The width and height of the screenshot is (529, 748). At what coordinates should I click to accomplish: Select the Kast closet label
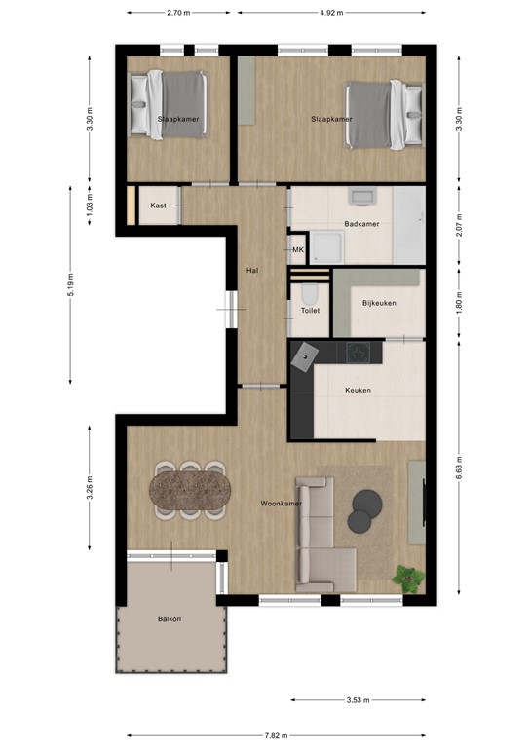(157, 206)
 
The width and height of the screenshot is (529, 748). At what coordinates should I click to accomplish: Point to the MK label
(297, 250)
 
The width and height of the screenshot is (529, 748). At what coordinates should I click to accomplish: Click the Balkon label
(170, 618)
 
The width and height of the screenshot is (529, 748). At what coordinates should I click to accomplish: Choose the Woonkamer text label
(280, 504)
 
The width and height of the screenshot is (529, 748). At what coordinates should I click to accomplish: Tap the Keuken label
(358, 391)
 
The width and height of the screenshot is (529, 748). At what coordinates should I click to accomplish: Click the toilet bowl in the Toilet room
(309, 294)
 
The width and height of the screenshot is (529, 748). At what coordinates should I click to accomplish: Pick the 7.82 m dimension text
(277, 735)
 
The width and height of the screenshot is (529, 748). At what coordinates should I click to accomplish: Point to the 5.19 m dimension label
(72, 284)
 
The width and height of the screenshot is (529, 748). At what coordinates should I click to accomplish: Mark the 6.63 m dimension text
(460, 469)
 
